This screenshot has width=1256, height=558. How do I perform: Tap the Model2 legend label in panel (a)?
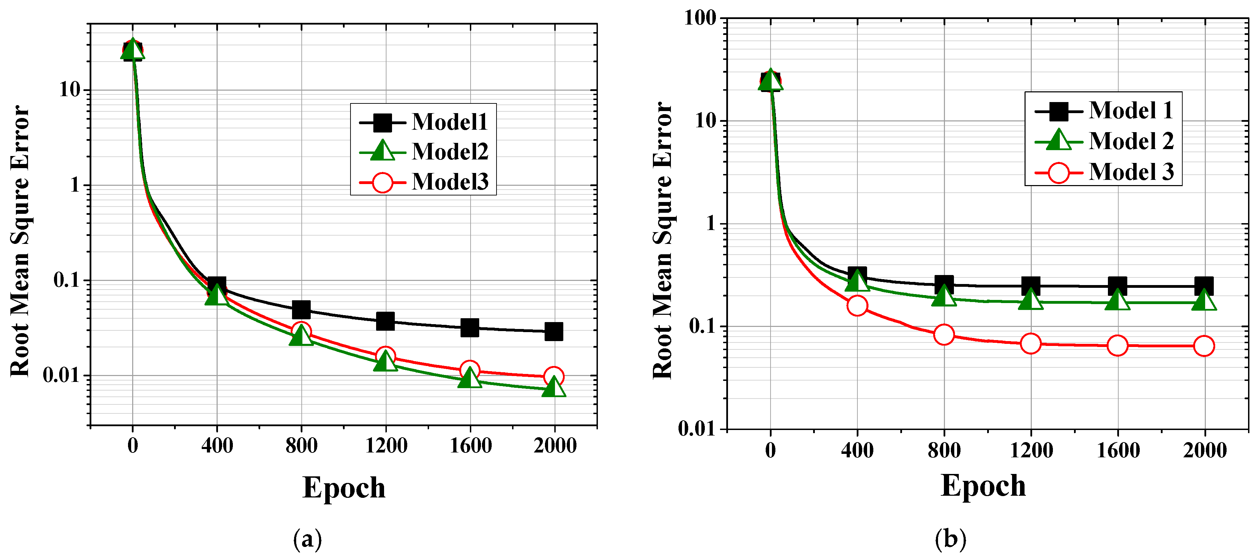pos(449,152)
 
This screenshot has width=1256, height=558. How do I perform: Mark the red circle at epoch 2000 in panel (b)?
pos(1204,346)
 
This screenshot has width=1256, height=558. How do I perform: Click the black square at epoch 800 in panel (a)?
pos(301,310)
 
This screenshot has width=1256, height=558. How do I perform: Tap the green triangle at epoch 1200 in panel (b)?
pos(1031,300)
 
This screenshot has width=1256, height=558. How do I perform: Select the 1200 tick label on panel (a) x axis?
pos(386,446)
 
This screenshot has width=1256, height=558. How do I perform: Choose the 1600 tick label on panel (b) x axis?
pos(1118,450)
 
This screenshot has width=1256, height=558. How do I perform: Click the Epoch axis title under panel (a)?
pos(344,488)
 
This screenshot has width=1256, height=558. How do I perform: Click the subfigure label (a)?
pos(307,539)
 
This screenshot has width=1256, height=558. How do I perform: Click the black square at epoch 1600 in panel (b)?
pos(1118,286)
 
